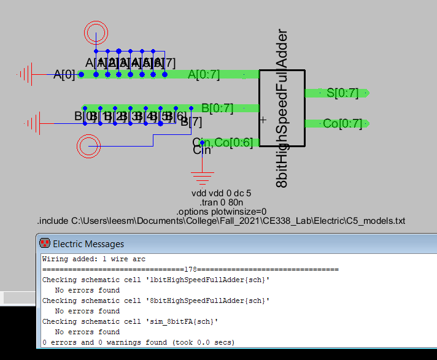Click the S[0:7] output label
pyautogui.click(x=342, y=93)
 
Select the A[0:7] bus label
pyautogui.click(x=203, y=75)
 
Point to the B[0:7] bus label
pyautogui.click(x=217, y=109)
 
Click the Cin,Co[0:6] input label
pyautogui.click(x=218, y=143)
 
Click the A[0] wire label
pyautogui.click(x=64, y=75)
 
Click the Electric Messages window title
pyautogui.click(x=88, y=244)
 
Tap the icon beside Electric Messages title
pyautogui.click(x=44, y=244)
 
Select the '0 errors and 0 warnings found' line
pyautogui.click(x=138, y=342)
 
